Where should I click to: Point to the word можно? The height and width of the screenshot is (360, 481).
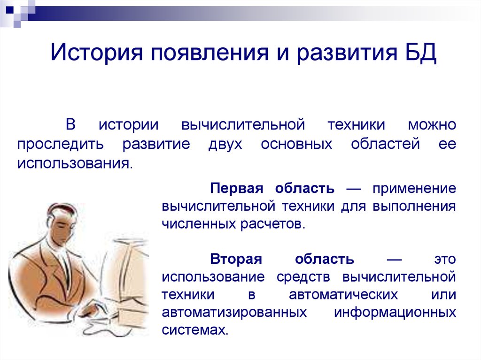click(432, 125)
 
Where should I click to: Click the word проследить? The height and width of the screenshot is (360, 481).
click(61, 145)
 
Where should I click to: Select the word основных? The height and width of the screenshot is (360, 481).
click(296, 145)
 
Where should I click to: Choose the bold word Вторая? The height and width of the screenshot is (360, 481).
click(236, 259)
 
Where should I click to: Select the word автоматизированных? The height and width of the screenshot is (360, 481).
click(234, 312)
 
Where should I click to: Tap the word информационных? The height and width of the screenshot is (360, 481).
click(395, 312)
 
